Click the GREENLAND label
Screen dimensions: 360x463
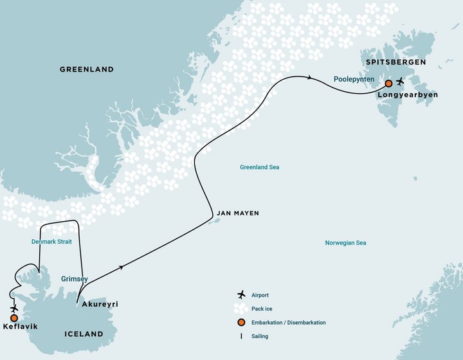point(86,69)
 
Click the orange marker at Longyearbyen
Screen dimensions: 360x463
point(388,84)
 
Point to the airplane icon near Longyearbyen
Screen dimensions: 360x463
point(401,82)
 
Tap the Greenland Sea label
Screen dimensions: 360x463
point(259,167)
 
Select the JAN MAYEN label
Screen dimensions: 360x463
point(238,213)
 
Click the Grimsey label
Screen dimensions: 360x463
point(74,280)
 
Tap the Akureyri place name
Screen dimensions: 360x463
point(100,304)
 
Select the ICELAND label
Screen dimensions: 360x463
point(84,334)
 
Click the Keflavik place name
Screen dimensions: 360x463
point(19,327)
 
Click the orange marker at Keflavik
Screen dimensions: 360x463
point(14,318)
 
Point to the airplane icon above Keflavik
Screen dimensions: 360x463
point(14,308)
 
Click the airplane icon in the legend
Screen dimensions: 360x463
point(241,295)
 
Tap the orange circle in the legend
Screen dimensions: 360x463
point(241,322)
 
